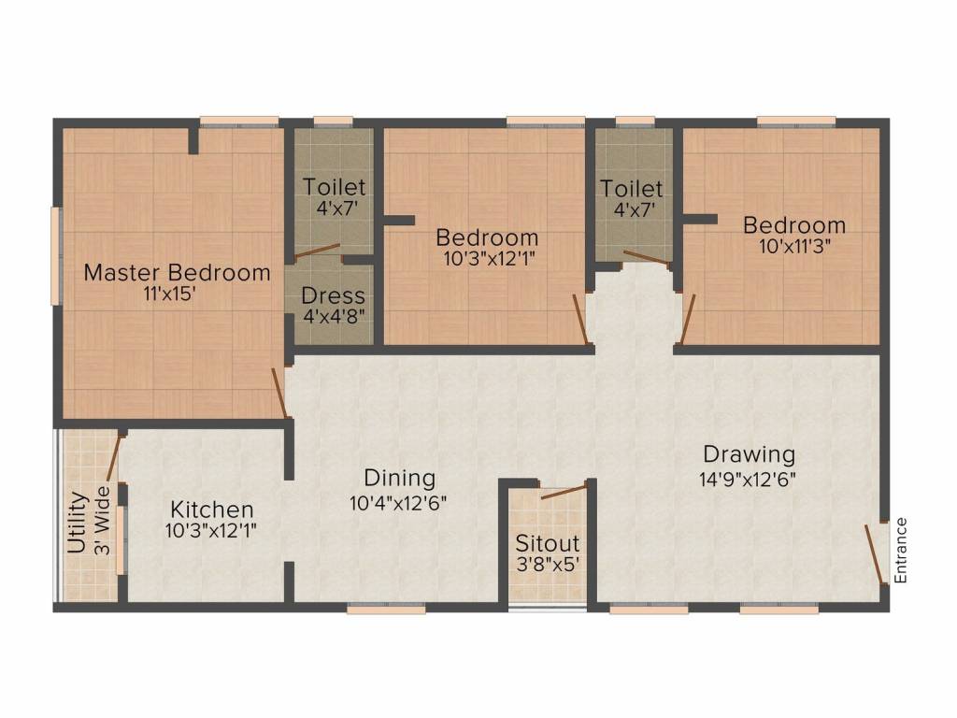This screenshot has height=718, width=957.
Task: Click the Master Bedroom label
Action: (x=177, y=273)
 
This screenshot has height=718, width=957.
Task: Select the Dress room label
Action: (x=333, y=296)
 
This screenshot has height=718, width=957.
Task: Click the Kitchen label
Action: (x=212, y=510)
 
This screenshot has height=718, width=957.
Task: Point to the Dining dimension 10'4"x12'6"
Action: (x=399, y=503)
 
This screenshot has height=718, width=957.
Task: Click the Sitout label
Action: (x=548, y=543)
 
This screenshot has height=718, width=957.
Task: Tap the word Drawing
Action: (x=749, y=455)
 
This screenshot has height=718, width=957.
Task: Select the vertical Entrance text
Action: (x=901, y=551)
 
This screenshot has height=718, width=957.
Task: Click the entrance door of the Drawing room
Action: (x=876, y=553)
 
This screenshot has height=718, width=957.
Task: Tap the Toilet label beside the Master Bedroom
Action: (x=335, y=187)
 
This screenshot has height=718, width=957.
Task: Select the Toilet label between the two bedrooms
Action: (x=632, y=189)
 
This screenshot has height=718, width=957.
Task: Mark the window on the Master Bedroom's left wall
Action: (x=56, y=255)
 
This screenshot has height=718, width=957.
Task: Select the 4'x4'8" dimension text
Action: (x=333, y=316)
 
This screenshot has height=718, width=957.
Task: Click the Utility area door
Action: (x=114, y=457)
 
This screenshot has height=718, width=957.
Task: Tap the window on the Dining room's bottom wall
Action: (x=386, y=609)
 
